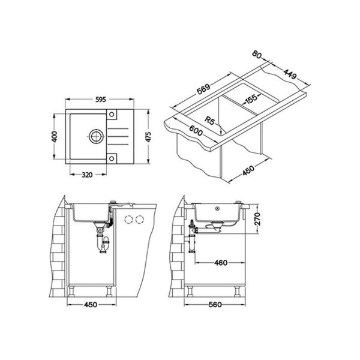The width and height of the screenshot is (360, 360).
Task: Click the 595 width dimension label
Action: pos(101,100)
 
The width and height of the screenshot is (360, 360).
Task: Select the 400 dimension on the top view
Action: pos(55,137)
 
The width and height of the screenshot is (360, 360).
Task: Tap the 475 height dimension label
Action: pos(148,137)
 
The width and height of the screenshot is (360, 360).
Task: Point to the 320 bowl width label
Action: pos(87,175)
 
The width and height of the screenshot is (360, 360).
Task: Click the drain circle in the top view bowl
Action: pos(96,136)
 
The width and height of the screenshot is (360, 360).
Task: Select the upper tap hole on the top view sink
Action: pos(112,114)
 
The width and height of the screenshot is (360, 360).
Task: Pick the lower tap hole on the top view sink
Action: pos(112,158)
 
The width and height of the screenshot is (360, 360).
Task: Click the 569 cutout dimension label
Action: pos(203,89)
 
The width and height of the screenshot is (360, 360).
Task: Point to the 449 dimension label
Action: pos(290,74)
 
